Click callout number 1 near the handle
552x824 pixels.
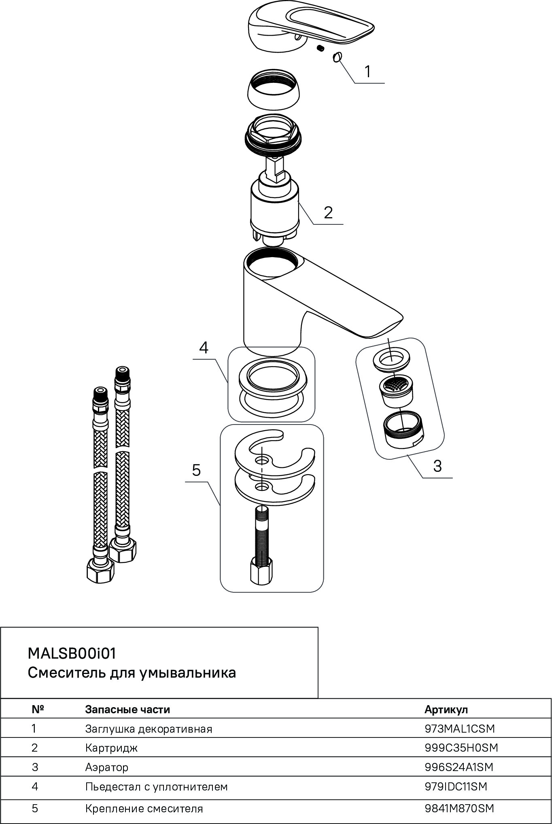coord(367,72)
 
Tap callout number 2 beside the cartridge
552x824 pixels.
coord(328,212)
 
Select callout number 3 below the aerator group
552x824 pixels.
coord(437,466)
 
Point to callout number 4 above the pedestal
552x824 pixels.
coord(204,347)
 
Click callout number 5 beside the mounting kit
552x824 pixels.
coord(196,470)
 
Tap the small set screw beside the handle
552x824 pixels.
coord(321,49)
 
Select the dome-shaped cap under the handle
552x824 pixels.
coord(274,89)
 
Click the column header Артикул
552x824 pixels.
coord(446,709)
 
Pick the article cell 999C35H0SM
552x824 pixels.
coord(461,748)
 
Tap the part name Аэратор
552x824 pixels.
coord(107,767)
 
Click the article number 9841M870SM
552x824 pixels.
coord(459,808)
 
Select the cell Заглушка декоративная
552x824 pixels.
coord(149,729)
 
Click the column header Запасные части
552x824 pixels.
coord(127,709)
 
